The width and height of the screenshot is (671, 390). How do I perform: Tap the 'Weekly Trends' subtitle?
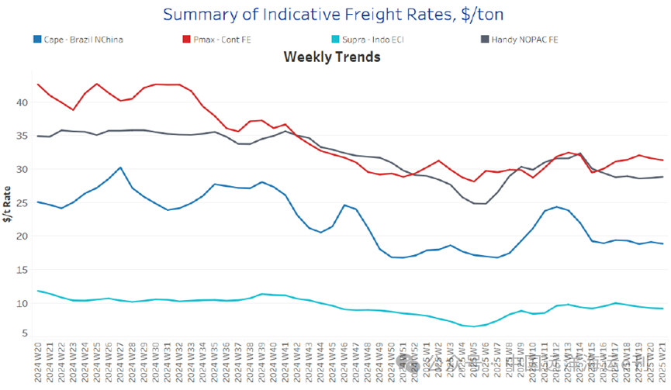pyautogui.click(x=332, y=57)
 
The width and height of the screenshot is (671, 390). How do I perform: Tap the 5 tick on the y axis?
pyautogui.click(x=25, y=333)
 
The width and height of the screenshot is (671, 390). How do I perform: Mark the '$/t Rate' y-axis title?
pyautogui.click(x=7, y=205)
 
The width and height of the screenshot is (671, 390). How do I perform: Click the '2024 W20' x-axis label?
pyautogui.click(x=38, y=364)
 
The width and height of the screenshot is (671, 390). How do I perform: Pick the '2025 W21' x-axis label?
pyautogui.click(x=661, y=364)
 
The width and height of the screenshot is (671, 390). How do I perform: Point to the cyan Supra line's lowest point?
pyautogui.click(x=472, y=326)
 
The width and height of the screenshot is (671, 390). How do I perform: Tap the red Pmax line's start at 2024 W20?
pyautogui.click(x=38, y=84)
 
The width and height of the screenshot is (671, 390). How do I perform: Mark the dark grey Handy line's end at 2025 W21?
pyautogui.click(x=661, y=177)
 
